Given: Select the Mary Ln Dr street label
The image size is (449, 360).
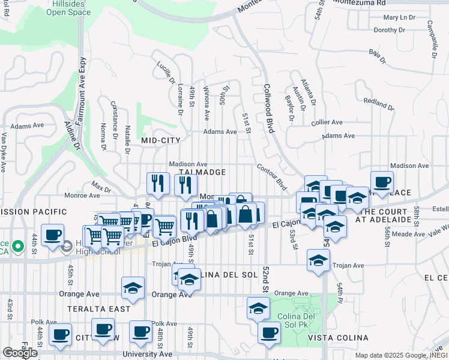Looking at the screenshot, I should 398,18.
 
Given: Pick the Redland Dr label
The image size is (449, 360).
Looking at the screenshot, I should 379,104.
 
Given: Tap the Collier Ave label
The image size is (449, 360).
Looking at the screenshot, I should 327,122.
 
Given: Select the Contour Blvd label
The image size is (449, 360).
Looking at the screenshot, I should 272,178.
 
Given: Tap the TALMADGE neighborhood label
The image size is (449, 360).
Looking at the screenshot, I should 193,172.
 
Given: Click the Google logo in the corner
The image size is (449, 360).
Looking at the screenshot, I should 20,353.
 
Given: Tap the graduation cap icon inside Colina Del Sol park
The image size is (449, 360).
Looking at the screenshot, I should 258,308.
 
